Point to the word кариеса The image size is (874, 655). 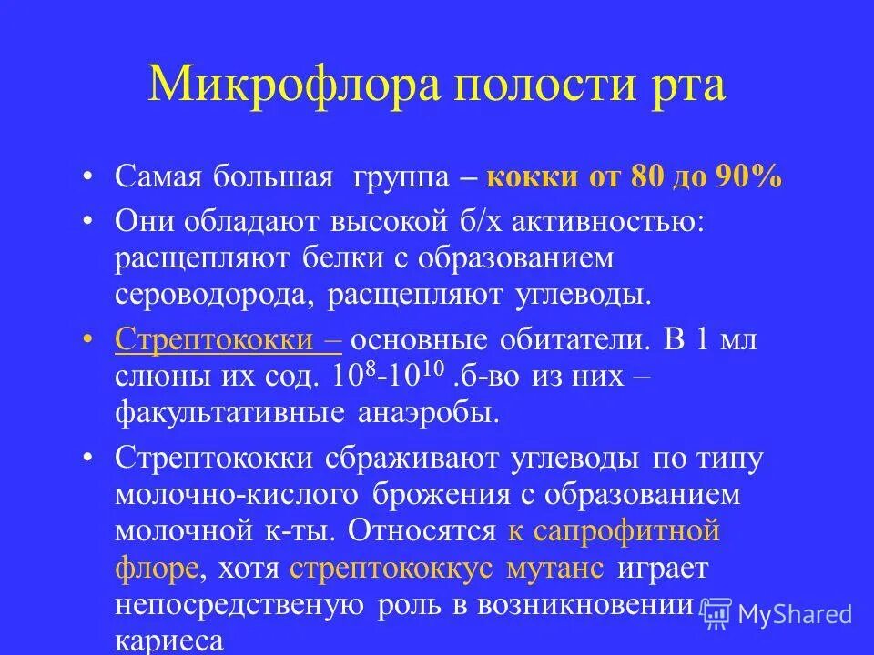pyautogui.click(x=169, y=640)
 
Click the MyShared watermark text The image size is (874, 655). pyautogui.click(x=795, y=614)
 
